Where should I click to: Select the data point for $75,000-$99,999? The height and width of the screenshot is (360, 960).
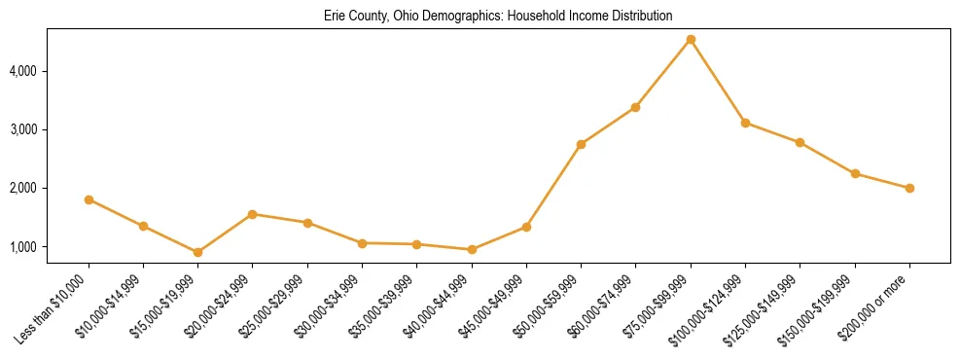click(691, 40)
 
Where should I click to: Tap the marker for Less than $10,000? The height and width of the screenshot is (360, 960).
click(89, 199)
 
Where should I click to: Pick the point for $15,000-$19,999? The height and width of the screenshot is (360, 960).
click(198, 252)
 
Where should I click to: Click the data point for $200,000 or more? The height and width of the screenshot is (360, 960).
click(909, 188)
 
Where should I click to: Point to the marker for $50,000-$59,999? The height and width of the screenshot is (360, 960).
click(581, 144)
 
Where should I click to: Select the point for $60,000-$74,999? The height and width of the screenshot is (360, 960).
click(635, 107)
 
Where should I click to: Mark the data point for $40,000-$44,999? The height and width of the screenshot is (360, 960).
click(472, 249)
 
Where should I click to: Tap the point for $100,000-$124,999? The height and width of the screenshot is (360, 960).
click(745, 123)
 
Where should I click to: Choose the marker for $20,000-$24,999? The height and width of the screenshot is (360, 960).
click(253, 214)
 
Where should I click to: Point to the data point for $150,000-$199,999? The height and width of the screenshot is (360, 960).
click(855, 173)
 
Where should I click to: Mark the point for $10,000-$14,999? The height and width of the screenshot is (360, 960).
click(143, 226)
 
